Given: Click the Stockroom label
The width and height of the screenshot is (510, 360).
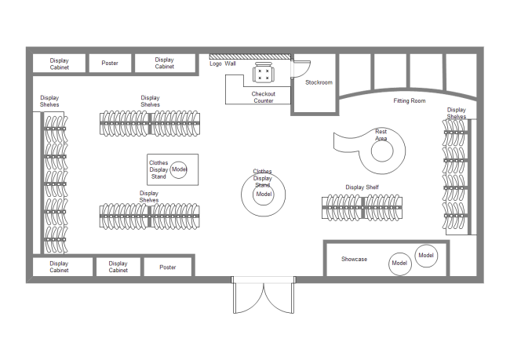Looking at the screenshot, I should point(319,82).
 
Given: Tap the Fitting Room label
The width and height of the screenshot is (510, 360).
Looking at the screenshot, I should point(409,100).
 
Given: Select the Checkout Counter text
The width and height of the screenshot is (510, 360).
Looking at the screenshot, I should point(263,97).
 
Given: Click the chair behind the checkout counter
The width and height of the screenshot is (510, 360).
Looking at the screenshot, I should point(263,74).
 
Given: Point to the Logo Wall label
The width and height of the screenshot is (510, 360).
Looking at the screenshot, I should point(223,64).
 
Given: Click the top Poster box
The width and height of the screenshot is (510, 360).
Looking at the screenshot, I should point(110,63).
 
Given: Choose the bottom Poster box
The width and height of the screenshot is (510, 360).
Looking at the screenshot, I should point(167,267).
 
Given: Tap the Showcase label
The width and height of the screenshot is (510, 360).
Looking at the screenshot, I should point(354,259).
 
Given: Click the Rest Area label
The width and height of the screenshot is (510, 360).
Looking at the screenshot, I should point(381,135).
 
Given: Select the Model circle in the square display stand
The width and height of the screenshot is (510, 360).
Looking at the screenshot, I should point(179,169).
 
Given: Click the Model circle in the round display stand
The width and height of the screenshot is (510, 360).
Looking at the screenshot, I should point(264,194).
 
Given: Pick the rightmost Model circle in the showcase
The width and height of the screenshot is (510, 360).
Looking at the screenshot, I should point(426,256).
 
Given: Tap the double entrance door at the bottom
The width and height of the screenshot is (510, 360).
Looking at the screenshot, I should point(264,296).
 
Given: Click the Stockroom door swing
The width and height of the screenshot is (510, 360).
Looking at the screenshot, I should point(302,69).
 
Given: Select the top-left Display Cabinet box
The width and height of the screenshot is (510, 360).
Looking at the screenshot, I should point(59,63).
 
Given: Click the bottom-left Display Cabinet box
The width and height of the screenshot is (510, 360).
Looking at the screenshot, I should point(59,267).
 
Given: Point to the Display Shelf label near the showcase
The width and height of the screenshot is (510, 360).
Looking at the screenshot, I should point(362,187).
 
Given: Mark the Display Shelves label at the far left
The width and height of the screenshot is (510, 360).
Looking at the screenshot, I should point(49,101).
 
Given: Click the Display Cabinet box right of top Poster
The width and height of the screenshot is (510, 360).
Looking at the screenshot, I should point(164,63).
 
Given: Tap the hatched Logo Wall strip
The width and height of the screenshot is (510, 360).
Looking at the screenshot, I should point(250,56).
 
